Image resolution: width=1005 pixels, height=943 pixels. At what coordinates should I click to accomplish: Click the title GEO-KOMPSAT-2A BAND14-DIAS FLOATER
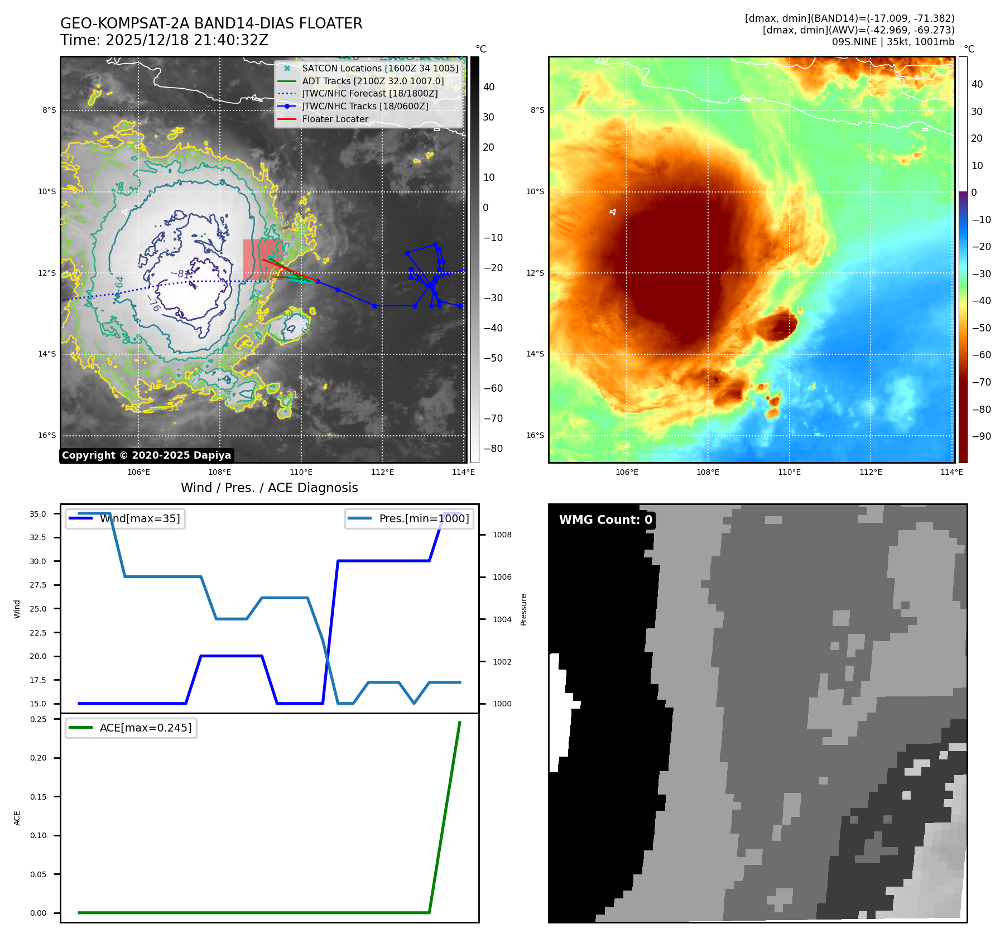point(211,23)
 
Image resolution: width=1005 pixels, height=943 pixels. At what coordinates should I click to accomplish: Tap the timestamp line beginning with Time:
point(164,40)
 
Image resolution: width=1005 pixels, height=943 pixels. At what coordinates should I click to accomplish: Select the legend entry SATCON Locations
point(379,68)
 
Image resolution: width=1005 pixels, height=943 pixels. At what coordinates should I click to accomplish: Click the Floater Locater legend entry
point(335,119)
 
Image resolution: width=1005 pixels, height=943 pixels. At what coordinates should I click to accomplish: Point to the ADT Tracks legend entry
point(373,81)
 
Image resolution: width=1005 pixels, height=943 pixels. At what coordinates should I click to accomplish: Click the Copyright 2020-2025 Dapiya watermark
point(146,455)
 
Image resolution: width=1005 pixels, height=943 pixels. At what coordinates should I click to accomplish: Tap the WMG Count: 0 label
point(605,520)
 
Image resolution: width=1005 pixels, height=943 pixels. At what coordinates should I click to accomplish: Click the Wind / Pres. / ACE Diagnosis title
point(269,488)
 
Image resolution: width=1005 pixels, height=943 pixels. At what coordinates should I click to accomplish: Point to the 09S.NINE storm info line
point(893,42)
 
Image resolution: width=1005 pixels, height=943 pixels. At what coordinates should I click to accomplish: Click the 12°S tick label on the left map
point(47,273)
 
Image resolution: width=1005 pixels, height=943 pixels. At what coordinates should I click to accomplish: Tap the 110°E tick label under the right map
point(789,472)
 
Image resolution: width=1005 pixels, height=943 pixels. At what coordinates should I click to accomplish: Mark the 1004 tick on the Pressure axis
point(502,619)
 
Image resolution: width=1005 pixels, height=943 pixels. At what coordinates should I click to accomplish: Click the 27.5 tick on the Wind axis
point(38,585)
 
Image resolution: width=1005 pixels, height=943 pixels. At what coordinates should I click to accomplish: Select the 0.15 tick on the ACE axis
point(39,797)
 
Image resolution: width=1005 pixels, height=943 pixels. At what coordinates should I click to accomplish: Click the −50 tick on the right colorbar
point(981,328)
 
